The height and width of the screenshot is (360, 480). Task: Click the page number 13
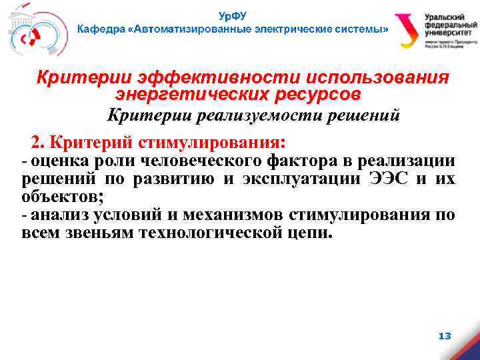pyautogui.click(x=445, y=336)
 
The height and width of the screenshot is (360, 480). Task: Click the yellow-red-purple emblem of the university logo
pyautogui.click(x=406, y=30)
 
